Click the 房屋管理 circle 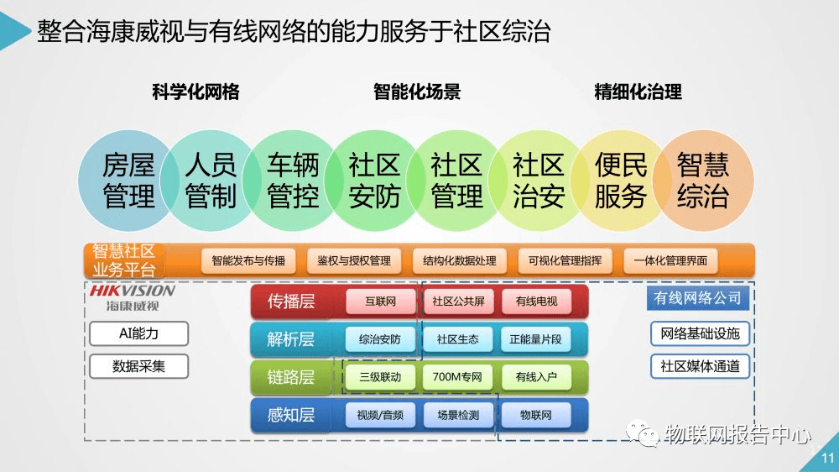tap(128, 181)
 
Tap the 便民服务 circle tap(621, 181)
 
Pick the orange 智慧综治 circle tap(703, 181)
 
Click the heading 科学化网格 tap(195, 92)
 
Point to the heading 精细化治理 tap(638, 92)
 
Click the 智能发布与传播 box tap(248, 260)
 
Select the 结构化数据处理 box tap(460, 260)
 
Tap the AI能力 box tap(138, 333)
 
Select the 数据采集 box tap(138, 366)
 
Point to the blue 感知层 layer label tap(291, 415)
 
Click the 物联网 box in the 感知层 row tap(535, 415)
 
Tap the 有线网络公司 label tap(697, 298)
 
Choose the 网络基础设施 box tap(699, 333)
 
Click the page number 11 tap(827, 459)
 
